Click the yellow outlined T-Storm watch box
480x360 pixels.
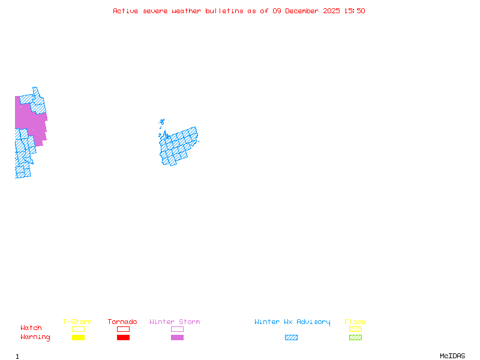78,329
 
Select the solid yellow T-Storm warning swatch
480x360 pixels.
78,337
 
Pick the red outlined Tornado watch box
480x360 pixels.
123,329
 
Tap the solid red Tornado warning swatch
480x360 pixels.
123,337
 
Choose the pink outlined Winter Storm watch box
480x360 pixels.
177,329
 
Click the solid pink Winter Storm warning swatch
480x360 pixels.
177,337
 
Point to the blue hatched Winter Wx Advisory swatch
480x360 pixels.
291,337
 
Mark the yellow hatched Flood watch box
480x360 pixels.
355,329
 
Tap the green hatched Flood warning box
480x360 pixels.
355,337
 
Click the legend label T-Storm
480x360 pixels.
77,322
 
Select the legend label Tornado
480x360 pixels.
122,322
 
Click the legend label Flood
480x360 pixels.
355,322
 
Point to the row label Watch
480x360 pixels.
31,328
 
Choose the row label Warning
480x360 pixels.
35,337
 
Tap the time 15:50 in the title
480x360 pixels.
355,11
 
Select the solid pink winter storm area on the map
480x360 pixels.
30,120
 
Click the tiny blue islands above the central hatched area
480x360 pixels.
162,122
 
